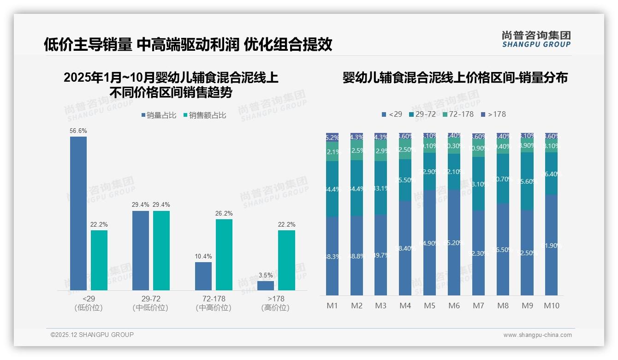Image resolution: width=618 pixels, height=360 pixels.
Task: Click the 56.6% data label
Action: (78, 131)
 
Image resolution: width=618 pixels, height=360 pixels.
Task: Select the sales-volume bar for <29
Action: (78, 213)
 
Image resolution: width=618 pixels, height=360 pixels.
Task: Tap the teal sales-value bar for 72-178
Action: (224, 255)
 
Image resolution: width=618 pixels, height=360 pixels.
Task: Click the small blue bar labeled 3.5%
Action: (266, 286)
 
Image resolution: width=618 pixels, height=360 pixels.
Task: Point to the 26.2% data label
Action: (224, 214)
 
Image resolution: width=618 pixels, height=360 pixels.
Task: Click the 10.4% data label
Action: (203, 257)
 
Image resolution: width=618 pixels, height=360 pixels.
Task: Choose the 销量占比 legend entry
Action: (159, 115)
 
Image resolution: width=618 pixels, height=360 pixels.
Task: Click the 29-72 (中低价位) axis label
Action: (151, 303)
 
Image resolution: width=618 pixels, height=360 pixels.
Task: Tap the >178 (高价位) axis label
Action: (275, 303)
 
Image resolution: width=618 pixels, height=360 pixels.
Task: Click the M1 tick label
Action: (333, 306)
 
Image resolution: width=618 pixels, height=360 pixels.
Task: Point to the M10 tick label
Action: (552, 306)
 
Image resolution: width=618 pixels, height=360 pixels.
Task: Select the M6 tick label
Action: (454, 306)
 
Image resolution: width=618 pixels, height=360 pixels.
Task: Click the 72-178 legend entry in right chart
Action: (458, 114)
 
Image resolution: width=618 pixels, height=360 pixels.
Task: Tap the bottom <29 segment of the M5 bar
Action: (430, 243)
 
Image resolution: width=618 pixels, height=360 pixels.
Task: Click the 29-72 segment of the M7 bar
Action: (479, 184)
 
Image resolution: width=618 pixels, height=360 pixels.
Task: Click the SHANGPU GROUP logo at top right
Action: (536, 39)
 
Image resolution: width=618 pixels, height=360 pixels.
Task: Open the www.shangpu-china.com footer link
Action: (537, 335)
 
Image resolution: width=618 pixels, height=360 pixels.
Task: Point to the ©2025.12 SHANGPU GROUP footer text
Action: (92, 335)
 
